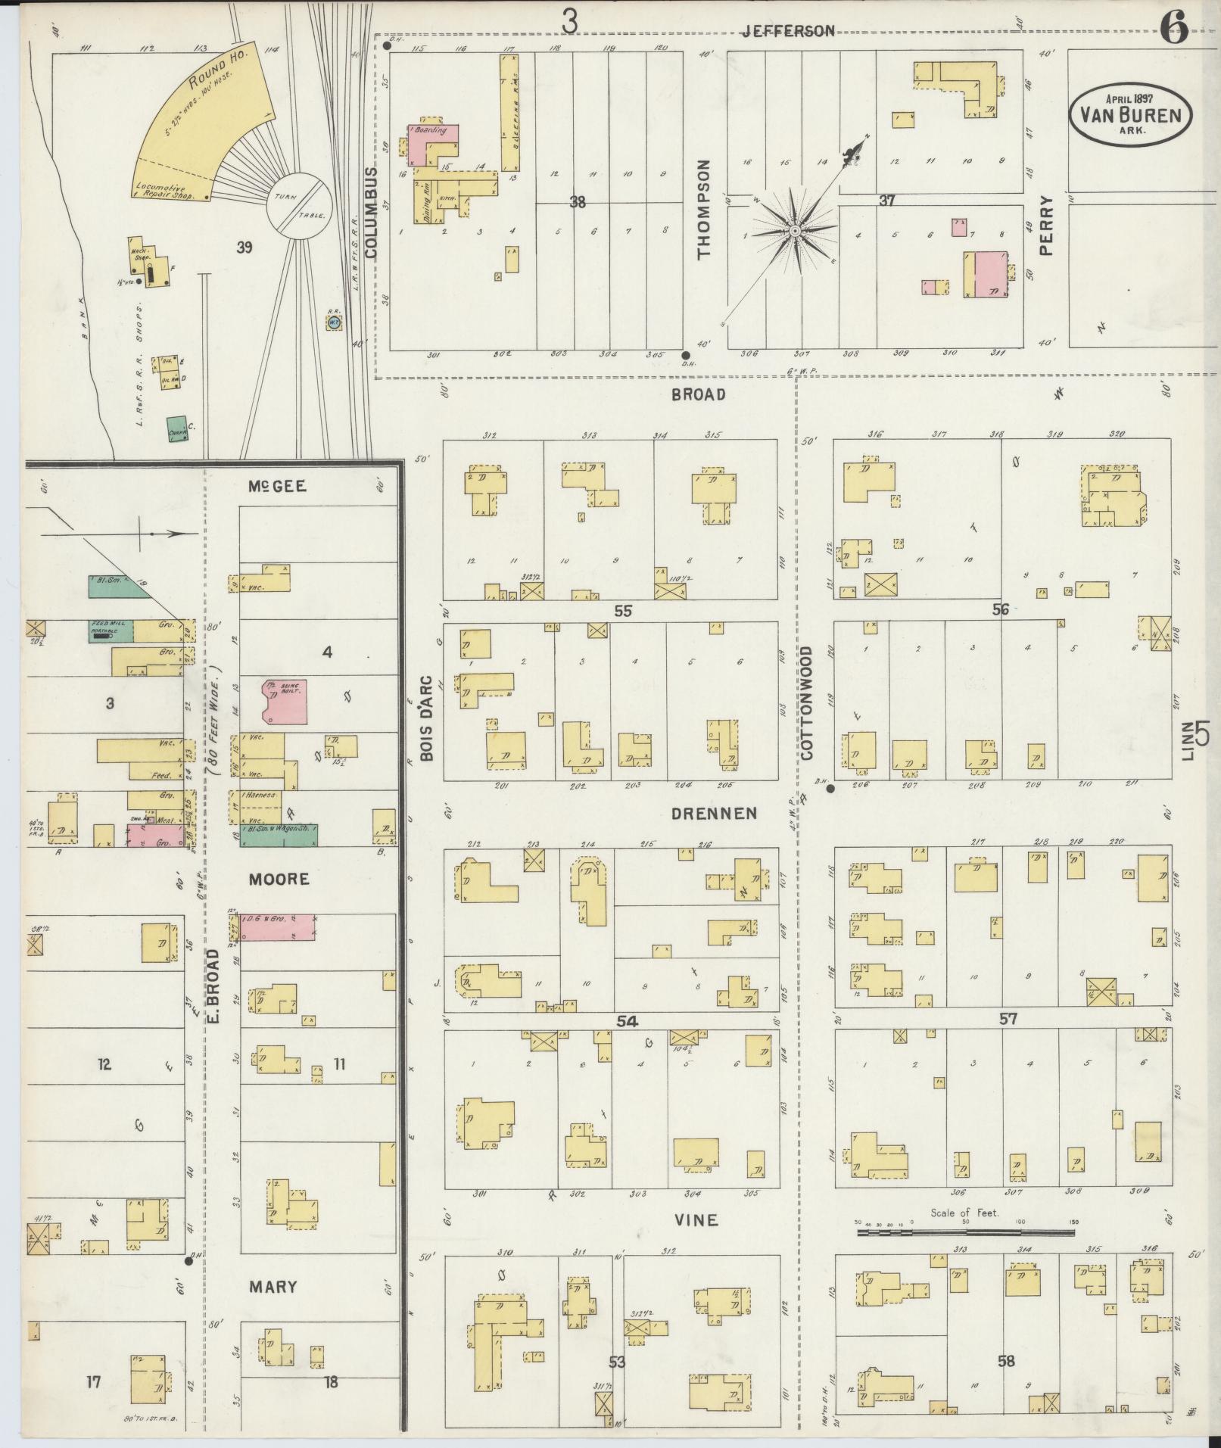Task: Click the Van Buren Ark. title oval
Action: (x=1129, y=115)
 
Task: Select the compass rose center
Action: (x=796, y=230)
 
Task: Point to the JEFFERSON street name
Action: (x=788, y=31)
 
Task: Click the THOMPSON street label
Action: (x=705, y=209)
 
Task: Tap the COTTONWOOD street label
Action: (x=806, y=702)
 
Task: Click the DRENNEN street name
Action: (x=713, y=814)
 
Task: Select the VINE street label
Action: (x=696, y=1220)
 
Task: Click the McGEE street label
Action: (x=278, y=487)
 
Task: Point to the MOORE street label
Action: (x=278, y=879)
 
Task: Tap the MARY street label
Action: (x=273, y=1287)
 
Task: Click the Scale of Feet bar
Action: (x=965, y=1233)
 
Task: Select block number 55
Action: (x=622, y=610)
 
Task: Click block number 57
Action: (x=1008, y=1019)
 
